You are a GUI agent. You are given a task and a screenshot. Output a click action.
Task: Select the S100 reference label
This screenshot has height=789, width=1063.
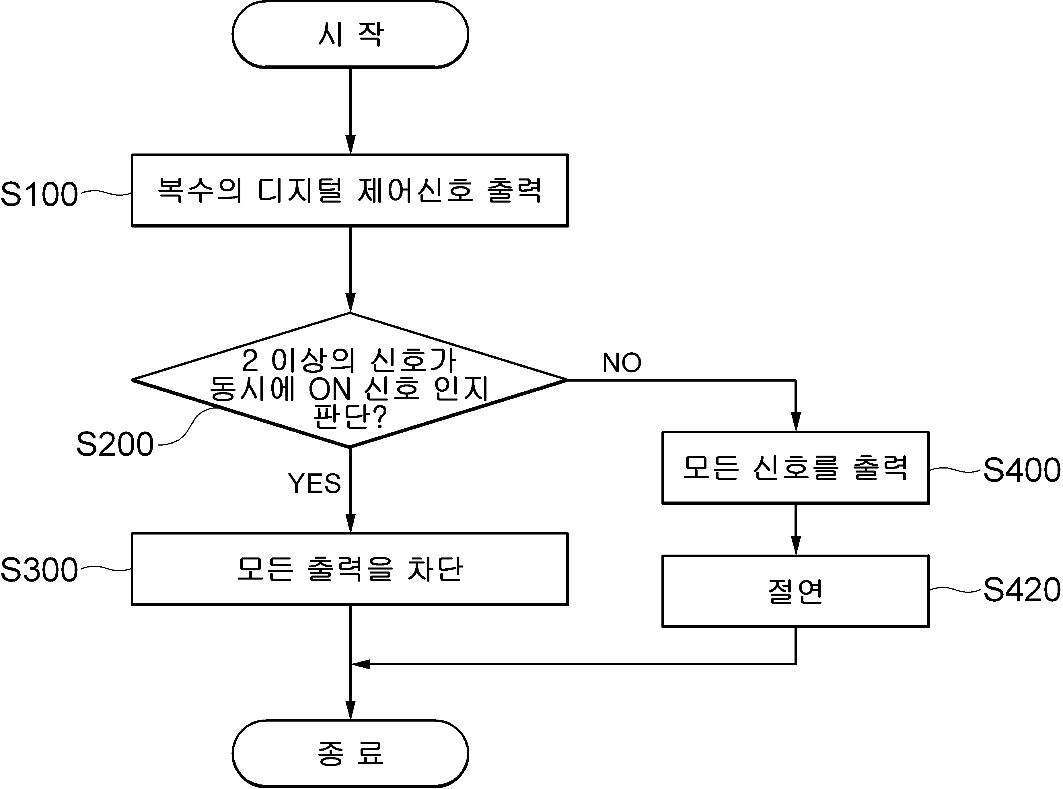coord(39,195)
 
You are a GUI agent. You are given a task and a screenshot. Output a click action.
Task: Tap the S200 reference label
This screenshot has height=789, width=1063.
coord(115,444)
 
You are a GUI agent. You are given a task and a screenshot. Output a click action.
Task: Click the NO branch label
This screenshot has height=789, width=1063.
coord(622,363)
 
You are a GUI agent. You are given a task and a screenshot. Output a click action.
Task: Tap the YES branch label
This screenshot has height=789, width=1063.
coord(314,483)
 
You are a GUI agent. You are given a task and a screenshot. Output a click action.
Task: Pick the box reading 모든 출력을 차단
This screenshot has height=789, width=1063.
coord(350,569)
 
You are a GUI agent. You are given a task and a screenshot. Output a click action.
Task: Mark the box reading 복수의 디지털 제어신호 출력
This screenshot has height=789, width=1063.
coord(350,190)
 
